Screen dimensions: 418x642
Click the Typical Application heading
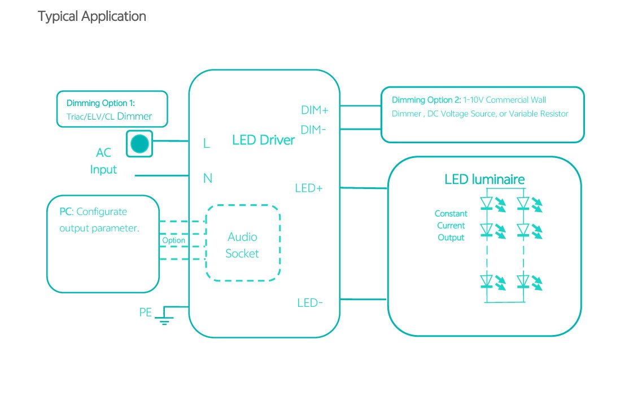(x=92, y=16)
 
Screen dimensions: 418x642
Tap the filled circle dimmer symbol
(x=139, y=144)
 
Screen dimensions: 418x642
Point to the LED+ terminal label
(x=309, y=188)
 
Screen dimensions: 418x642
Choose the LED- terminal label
(x=310, y=303)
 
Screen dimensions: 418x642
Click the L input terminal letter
(x=207, y=144)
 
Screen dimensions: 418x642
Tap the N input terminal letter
(x=208, y=179)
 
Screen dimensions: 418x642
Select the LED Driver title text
(x=263, y=140)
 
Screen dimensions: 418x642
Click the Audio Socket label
(x=242, y=245)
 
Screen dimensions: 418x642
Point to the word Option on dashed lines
(x=173, y=240)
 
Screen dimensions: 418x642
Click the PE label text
(x=146, y=312)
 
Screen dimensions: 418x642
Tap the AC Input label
(x=103, y=161)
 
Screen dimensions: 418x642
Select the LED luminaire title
(x=484, y=179)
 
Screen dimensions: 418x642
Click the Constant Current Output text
(x=451, y=226)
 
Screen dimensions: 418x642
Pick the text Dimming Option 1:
(x=101, y=103)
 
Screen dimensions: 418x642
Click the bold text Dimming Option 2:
(x=426, y=100)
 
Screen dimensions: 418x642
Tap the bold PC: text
(x=66, y=212)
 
